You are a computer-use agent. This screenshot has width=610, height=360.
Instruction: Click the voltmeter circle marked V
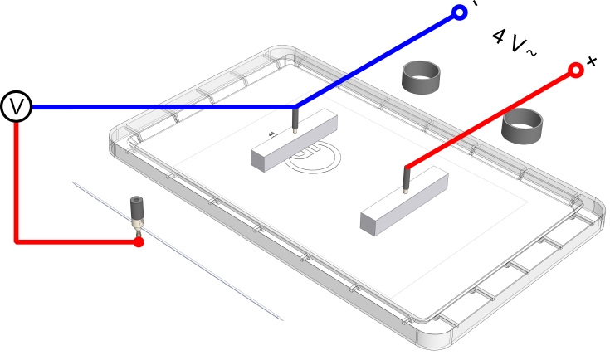[16, 107]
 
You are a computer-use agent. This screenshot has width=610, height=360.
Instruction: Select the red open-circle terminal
[574, 71]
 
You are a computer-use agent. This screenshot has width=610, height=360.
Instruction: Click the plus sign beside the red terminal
[592, 61]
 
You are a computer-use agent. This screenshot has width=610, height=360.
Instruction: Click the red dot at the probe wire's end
[139, 242]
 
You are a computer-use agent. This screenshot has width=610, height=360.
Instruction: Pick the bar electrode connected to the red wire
[404, 200]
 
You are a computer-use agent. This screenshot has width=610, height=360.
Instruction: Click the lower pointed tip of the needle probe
[282, 319]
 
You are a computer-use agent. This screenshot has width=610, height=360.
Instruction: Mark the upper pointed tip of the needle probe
[72, 182]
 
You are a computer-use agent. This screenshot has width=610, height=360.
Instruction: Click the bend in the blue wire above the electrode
[295, 107]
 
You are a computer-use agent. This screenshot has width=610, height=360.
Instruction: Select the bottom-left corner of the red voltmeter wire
[17, 241]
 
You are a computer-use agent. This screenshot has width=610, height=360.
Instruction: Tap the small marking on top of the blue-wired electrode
[272, 134]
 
